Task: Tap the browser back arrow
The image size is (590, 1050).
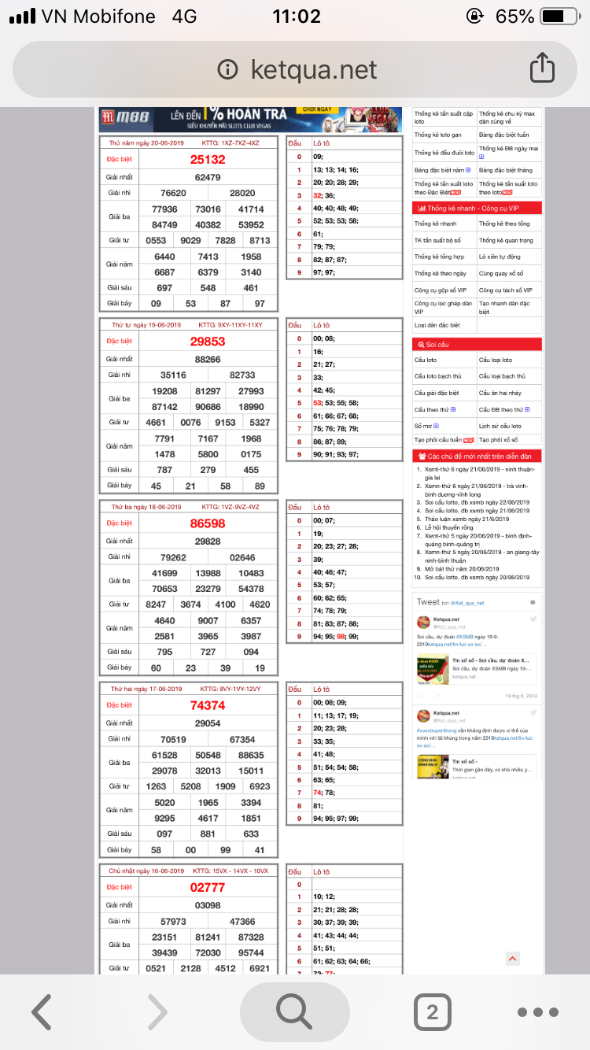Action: click(42, 1011)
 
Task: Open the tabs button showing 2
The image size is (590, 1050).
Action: click(432, 1011)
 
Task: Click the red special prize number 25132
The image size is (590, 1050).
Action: click(208, 159)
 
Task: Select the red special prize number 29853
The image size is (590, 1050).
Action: click(208, 342)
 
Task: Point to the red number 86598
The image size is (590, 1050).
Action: click(208, 523)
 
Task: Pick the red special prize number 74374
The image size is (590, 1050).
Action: click(208, 705)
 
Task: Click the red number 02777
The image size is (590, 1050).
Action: click(208, 887)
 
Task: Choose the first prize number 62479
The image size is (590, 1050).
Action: click(208, 177)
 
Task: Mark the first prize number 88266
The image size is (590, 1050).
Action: click(208, 359)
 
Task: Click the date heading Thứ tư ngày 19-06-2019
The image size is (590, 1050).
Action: click(146, 324)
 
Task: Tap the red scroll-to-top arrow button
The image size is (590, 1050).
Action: click(512, 958)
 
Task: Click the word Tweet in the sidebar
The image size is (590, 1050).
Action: click(428, 602)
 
